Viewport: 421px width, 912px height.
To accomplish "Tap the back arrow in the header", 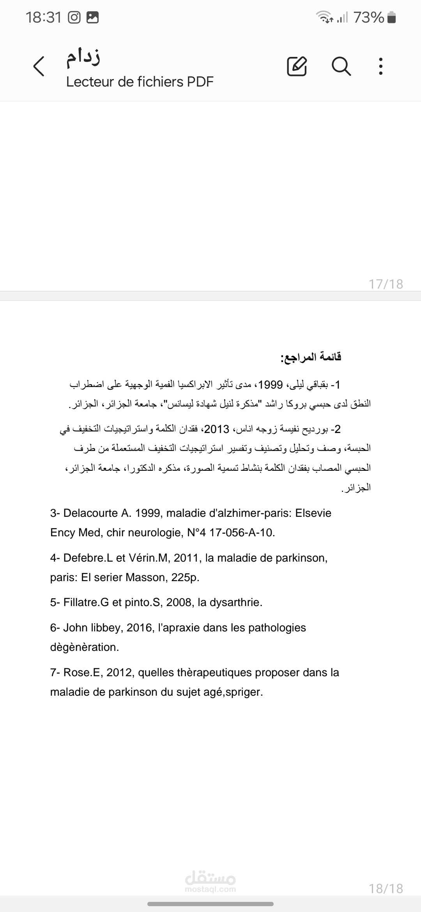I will (39, 66).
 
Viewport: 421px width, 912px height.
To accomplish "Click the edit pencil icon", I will (297, 66).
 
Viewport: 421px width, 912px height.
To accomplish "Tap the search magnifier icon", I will (341, 66).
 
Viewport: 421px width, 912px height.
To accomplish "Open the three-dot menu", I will (381, 66).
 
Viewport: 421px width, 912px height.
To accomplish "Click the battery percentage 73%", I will (369, 18).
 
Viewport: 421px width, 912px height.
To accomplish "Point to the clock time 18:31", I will (44, 18).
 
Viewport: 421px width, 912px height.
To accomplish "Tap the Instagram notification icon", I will (74, 18).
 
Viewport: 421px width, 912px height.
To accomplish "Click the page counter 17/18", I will (386, 284).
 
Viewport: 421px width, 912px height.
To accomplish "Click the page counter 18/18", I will (386, 888).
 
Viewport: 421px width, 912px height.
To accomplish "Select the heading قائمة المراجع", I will (311, 357).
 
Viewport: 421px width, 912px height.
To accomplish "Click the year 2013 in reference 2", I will (217, 429).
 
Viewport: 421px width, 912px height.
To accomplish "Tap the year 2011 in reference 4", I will (186, 558).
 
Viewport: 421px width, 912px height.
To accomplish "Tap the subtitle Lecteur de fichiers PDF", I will (140, 82).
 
